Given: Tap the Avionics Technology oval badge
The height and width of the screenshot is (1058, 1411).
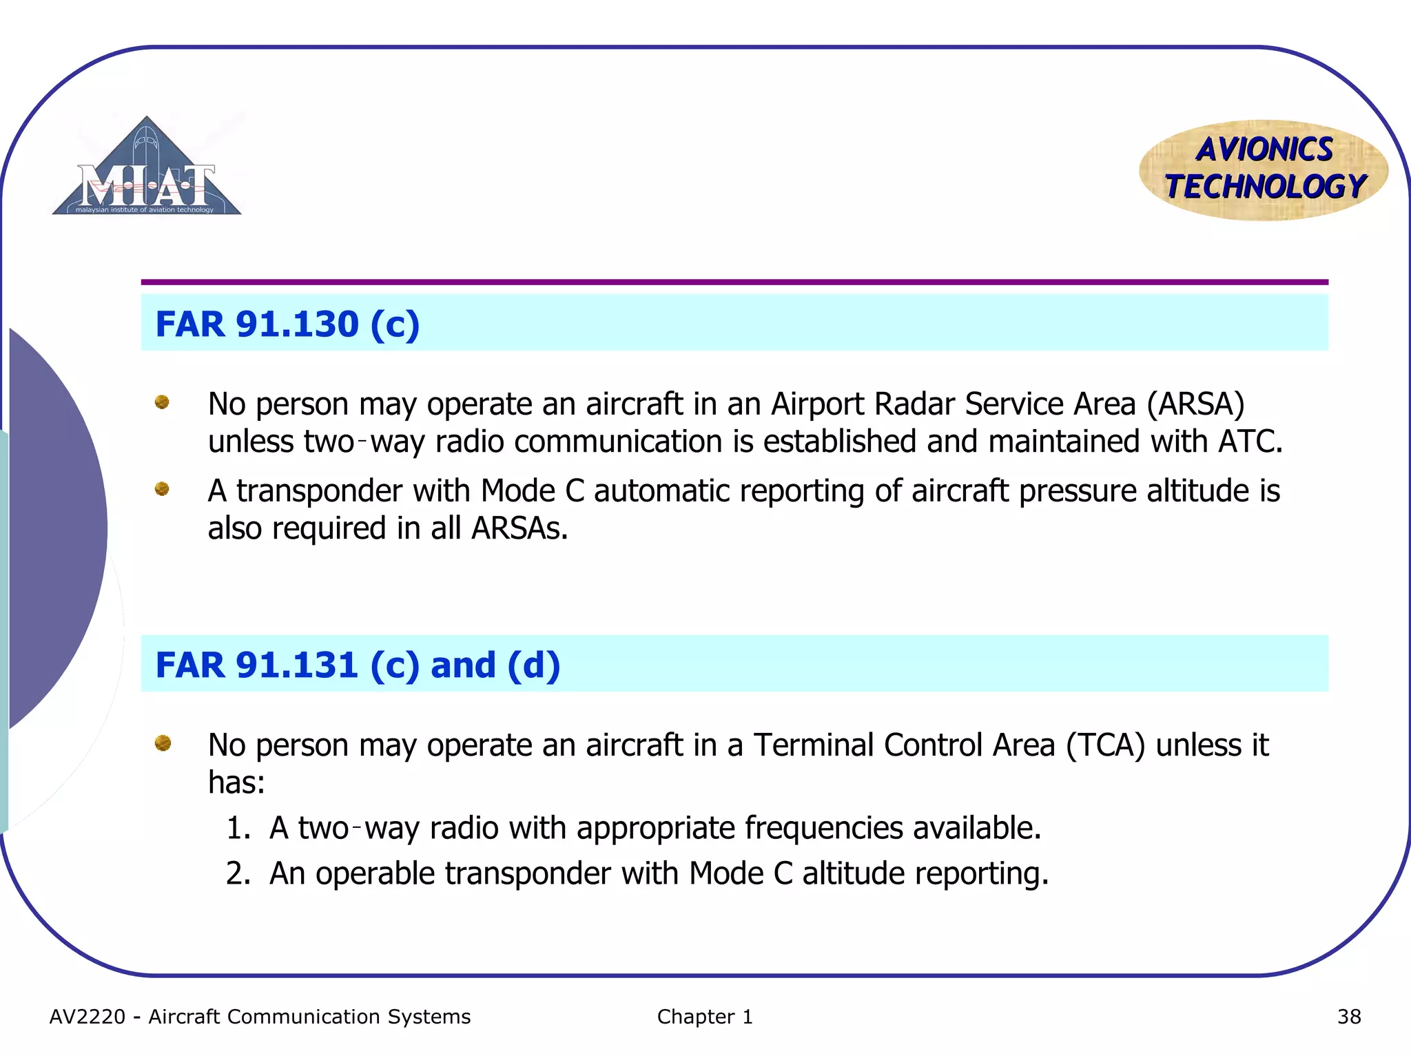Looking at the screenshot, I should pos(1264,169).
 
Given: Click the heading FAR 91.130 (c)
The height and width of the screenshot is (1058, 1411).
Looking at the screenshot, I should pos(287,324).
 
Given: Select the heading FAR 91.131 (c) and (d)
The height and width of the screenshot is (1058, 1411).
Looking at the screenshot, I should pos(358,665).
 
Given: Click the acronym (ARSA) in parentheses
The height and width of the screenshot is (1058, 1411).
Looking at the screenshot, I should pos(1195,404).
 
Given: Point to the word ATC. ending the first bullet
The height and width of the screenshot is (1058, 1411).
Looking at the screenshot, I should pos(1250,442).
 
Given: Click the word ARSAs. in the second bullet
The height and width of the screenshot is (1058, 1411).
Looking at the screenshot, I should pos(520,529).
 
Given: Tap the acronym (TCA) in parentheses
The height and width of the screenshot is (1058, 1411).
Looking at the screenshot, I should pos(1105,745).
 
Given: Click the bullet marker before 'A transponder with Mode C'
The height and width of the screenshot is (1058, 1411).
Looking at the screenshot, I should pos(163,489).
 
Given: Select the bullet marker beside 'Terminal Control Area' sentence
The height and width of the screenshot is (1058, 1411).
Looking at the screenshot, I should pos(163,743).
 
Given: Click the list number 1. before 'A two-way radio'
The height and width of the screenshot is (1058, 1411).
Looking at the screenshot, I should pos(238,828).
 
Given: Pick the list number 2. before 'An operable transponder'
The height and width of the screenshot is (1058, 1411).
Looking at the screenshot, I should pos(238,873).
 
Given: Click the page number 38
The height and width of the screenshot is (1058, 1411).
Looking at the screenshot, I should pos(1348,1017).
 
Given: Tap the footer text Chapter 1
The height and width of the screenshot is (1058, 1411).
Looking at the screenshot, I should pos(705,1017).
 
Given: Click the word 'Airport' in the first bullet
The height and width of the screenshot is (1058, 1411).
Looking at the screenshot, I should pos(816,404).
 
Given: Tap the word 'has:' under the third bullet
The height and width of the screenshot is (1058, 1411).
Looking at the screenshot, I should pos(236,782).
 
